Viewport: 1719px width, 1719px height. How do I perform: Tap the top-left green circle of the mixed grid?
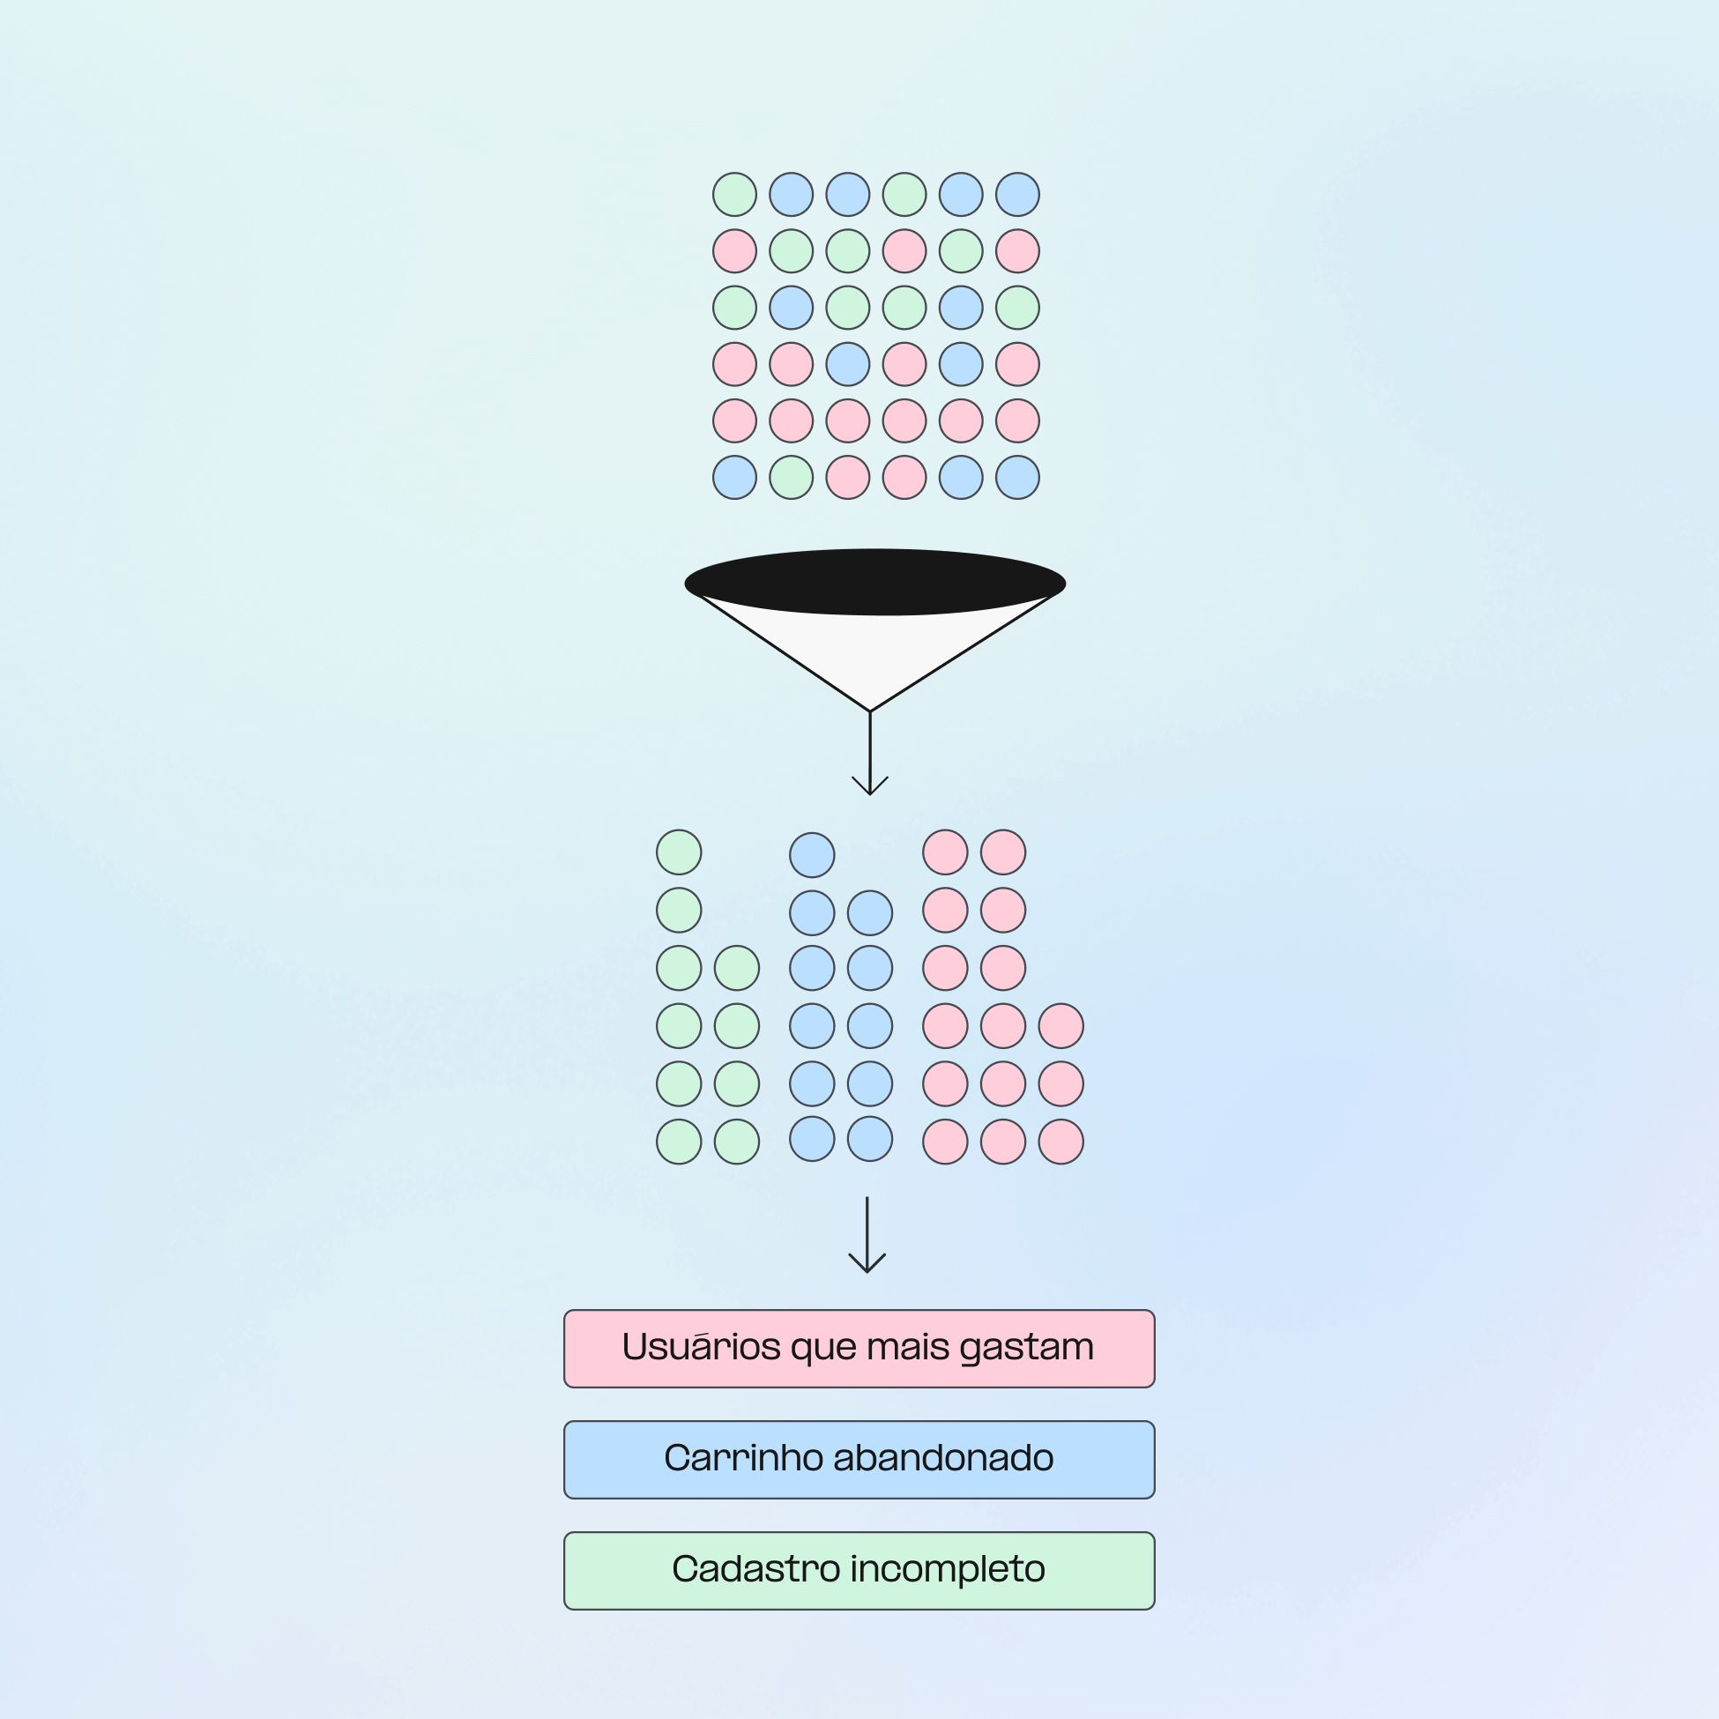[x=734, y=195]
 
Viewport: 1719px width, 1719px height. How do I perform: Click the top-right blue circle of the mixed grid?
[x=1017, y=195]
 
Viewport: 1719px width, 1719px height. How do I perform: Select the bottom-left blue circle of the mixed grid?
[x=734, y=478]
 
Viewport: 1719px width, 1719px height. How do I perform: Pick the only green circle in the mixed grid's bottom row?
[x=791, y=478]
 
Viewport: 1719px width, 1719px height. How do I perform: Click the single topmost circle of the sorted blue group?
[x=811, y=855]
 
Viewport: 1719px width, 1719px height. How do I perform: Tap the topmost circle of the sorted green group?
[x=679, y=852]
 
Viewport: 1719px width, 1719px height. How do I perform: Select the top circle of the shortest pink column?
[x=1060, y=1026]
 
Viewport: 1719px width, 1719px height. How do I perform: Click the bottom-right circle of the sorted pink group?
[x=1060, y=1142]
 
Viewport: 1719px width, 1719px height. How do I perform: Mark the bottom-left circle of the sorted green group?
[x=679, y=1142]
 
